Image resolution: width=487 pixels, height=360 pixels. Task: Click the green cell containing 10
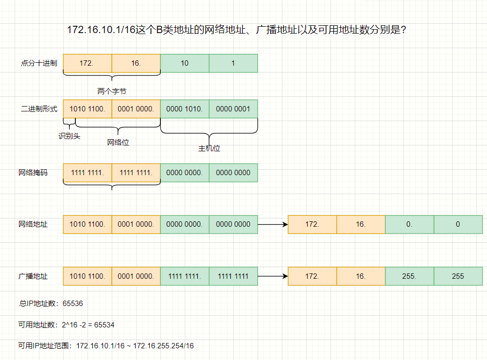tap(185, 63)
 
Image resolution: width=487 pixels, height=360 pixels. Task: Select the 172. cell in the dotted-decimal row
tap(87, 63)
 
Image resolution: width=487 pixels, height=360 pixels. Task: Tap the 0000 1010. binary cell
tap(185, 109)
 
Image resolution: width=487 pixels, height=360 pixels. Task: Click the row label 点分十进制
tap(39, 63)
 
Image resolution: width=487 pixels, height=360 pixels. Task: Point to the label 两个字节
tap(112, 91)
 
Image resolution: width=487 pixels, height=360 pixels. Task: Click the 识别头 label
tap(70, 136)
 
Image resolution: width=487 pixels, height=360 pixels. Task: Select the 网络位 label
tap(118, 143)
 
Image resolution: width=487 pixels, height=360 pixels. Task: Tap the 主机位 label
tap(209, 148)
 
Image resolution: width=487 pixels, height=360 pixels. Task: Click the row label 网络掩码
tap(33, 173)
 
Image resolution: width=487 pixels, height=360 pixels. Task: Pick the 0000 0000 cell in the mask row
tap(233, 173)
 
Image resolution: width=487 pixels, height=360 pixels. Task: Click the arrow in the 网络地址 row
tap(272, 224)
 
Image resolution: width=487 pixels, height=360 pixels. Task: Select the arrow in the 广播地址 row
tap(272, 276)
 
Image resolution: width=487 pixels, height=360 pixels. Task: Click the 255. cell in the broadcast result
tap(409, 276)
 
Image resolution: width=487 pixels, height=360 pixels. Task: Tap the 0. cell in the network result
tap(409, 224)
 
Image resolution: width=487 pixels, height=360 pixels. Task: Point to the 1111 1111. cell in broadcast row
tap(185, 276)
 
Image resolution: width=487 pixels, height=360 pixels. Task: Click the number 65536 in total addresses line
tap(73, 304)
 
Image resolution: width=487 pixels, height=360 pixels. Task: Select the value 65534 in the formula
tap(105, 325)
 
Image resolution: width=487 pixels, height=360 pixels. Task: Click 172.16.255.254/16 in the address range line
tap(163, 346)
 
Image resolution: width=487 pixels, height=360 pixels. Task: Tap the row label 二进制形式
tap(39, 109)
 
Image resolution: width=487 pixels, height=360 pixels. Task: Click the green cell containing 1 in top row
tap(233, 63)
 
